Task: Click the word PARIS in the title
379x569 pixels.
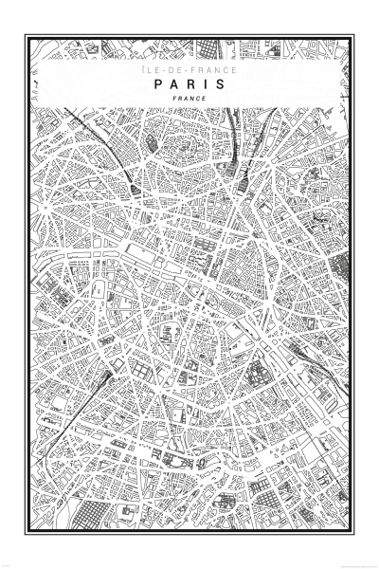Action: coord(189,83)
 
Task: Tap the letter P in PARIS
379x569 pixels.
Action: coord(157,83)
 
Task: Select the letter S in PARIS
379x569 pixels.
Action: coord(221,83)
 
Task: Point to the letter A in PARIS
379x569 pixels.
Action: coord(173,83)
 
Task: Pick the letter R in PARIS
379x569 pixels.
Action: coord(190,83)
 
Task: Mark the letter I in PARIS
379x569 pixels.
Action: coord(206,83)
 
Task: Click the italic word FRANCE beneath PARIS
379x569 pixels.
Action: coord(189,99)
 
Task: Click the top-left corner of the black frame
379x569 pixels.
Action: coord(26,35)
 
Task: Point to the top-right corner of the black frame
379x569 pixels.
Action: coord(353,35)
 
